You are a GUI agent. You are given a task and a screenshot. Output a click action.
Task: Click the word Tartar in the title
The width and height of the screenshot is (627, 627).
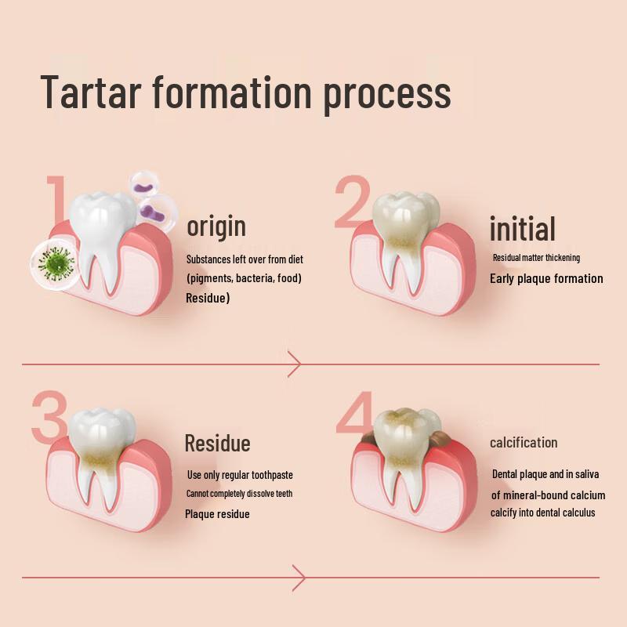point(91,92)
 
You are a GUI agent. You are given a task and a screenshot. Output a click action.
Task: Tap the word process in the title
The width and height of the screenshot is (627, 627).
point(387,96)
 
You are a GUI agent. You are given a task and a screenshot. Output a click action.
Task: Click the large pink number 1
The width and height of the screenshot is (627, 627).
point(56,199)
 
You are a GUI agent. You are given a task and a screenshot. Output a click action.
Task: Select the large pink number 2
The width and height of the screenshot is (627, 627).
point(352,201)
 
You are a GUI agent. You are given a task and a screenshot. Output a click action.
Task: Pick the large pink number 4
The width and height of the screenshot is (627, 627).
point(355,413)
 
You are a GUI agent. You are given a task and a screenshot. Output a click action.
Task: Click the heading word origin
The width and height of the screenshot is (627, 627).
point(216,227)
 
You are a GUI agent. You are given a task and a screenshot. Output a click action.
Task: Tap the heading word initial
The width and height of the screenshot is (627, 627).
point(523,228)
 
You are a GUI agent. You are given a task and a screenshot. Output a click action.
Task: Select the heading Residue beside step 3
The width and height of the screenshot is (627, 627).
point(218,443)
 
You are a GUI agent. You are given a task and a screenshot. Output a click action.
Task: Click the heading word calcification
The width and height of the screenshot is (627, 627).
point(524,443)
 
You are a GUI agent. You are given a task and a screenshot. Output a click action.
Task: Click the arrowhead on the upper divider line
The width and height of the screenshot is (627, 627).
point(294,364)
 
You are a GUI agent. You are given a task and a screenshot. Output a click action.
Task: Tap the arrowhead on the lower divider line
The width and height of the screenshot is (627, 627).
point(299,578)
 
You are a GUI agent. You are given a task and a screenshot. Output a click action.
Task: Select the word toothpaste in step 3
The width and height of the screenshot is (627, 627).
point(272,475)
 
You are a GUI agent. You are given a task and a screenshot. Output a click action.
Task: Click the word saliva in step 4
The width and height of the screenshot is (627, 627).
point(587,474)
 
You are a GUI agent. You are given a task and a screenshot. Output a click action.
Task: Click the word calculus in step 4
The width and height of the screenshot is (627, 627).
point(579,513)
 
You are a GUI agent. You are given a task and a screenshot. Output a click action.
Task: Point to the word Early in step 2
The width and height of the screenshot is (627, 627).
point(502,279)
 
